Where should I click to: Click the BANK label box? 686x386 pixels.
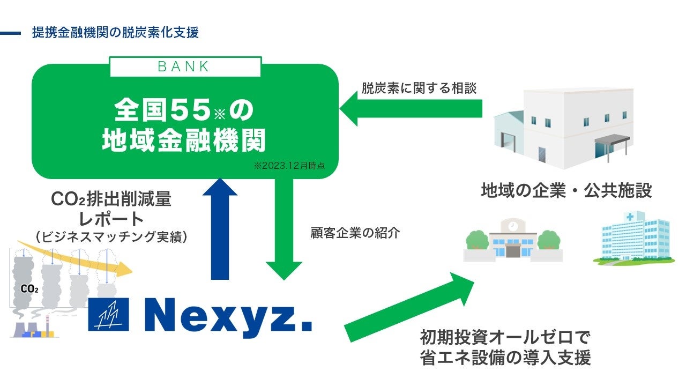point(185,66)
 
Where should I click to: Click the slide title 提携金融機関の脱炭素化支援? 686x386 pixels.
point(115,33)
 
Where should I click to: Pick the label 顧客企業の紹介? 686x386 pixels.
point(355,233)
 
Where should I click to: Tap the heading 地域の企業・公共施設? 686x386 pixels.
point(566,191)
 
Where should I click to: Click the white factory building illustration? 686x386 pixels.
point(563,129)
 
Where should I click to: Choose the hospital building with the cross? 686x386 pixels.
point(632,239)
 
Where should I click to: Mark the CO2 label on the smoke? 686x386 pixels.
point(29,289)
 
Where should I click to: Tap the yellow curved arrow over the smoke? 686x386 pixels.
point(80,257)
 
